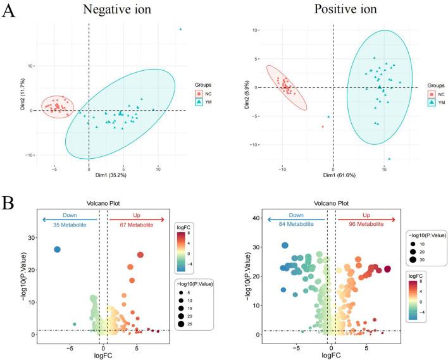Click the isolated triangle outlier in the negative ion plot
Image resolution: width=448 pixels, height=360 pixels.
[x=180, y=29]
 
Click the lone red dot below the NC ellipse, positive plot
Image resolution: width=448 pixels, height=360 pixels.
[x=323, y=127]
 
